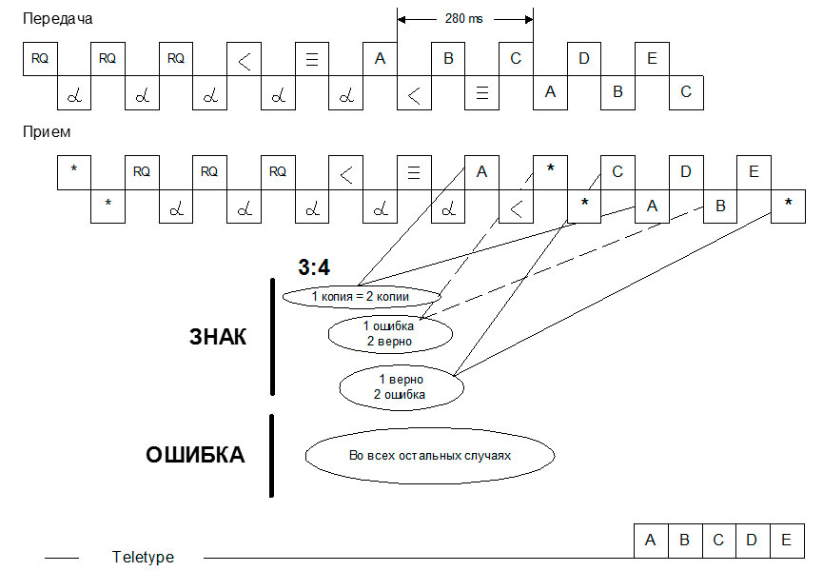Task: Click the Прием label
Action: coord(47,132)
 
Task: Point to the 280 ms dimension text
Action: coord(463,18)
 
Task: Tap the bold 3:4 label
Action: coord(314,269)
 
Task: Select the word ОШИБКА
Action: coord(195,455)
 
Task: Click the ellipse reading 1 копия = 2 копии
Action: coord(361,297)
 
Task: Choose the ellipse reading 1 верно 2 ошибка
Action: coord(401,385)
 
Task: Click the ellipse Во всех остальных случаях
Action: coord(429,455)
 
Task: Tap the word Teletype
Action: coord(143,558)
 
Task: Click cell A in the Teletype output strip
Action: coord(651,541)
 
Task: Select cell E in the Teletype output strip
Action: coord(785,541)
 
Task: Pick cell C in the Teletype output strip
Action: coord(718,541)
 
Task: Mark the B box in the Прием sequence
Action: coord(720,206)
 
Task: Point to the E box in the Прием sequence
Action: coord(754,172)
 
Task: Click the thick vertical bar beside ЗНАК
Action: coord(272,336)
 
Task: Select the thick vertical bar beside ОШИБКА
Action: coord(272,455)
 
